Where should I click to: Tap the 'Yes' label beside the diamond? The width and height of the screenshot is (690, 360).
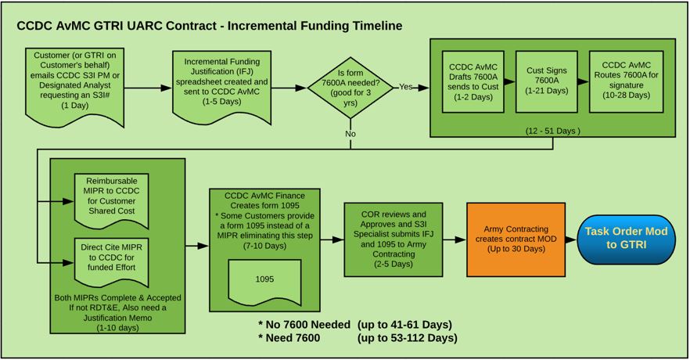tap(405, 87)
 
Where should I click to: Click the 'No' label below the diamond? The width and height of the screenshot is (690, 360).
tap(350, 134)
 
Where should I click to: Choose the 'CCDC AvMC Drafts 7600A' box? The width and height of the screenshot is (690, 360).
tap(473, 81)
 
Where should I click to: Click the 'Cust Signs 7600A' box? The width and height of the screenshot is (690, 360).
tap(547, 81)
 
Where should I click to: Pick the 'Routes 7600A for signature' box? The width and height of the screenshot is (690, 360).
tap(626, 81)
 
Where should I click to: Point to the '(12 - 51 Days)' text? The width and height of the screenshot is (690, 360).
tap(552, 131)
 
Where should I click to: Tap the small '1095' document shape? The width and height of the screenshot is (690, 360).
tap(264, 280)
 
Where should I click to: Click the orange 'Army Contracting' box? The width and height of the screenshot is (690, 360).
tap(516, 239)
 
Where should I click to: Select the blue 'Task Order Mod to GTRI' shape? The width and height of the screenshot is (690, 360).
tap(626, 239)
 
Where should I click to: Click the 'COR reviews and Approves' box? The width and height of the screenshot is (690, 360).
tap(393, 239)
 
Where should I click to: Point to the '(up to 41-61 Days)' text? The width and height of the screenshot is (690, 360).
tap(404, 324)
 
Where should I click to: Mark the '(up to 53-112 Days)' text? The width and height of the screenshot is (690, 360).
tap(407, 338)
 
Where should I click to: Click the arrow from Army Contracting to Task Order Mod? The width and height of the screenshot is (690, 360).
tap(571, 239)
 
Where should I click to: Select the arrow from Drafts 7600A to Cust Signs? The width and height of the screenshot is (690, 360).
tap(509, 82)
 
